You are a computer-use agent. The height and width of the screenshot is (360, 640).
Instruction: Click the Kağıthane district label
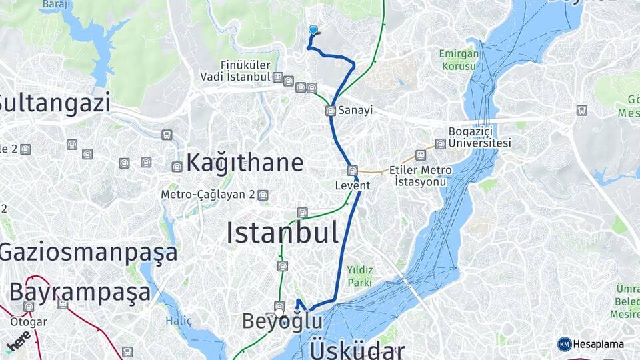[x=245, y=163]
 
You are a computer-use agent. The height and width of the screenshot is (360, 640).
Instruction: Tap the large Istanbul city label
[x=282, y=233]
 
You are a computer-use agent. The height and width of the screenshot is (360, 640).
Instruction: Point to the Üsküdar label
[x=357, y=350]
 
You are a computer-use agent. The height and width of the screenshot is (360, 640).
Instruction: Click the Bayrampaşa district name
[x=80, y=292]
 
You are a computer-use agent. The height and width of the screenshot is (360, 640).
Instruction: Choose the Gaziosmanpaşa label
[x=89, y=253]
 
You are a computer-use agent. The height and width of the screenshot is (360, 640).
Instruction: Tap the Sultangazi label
[x=55, y=103]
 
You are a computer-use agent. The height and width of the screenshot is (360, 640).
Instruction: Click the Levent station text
[x=353, y=186]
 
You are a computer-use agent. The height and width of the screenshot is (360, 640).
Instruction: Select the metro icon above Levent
[x=352, y=171]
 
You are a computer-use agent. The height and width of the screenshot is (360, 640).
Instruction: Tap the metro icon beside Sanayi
[x=331, y=110]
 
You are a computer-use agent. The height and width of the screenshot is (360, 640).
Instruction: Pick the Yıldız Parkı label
[x=360, y=276]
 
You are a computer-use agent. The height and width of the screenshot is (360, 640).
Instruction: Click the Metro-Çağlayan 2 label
[x=208, y=195]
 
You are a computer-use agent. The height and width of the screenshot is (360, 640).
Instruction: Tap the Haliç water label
[x=179, y=321]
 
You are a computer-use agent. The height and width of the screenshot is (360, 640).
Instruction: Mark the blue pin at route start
[x=313, y=30]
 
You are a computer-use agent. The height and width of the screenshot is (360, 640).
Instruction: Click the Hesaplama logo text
[x=597, y=344]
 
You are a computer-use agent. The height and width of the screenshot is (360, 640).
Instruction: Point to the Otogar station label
[x=29, y=322]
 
